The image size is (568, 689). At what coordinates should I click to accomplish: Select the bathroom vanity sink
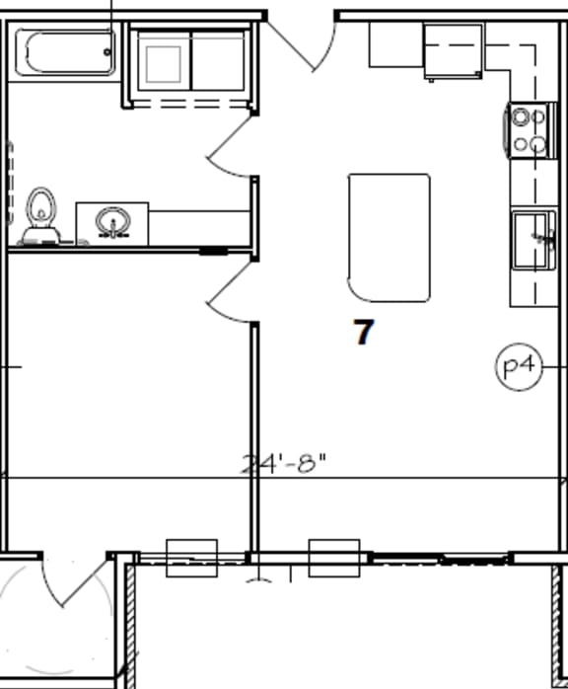(x=112, y=221)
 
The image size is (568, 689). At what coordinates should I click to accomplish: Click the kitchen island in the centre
(x=389, y=237)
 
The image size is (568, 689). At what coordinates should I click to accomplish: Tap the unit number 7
(x=364, y=333)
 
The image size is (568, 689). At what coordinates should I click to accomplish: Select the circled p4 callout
(x=518, y=367)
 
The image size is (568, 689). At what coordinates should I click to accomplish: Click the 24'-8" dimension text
(x=283, y=463)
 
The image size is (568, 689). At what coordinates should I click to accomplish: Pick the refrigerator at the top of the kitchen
(x=454, y=49)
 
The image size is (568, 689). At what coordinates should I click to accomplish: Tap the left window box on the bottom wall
(x=191, y=558)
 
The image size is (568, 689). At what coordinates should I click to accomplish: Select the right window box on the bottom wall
(x=334, y=558)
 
